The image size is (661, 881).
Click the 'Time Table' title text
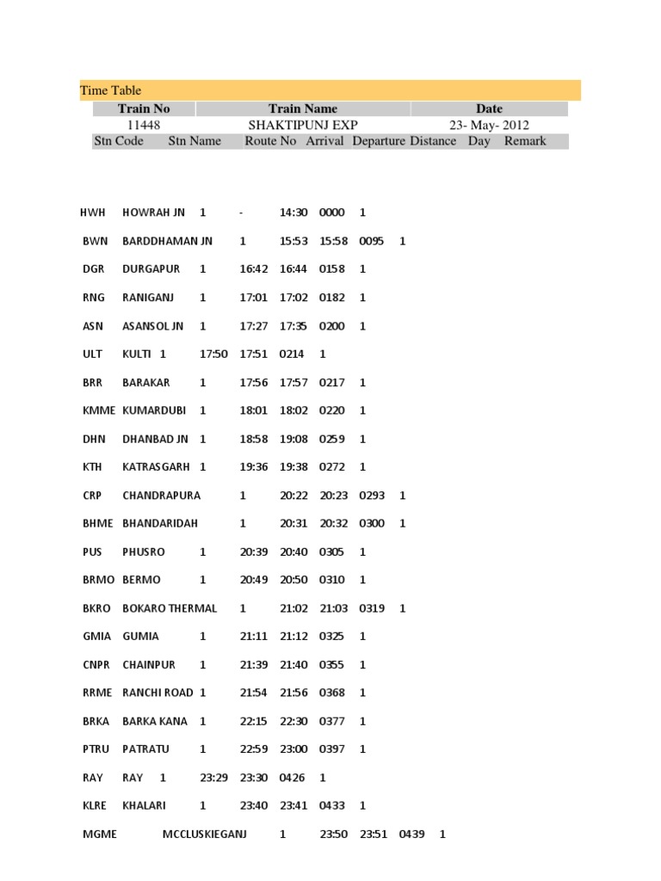(110, 90)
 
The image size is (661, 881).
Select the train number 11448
(143, 125)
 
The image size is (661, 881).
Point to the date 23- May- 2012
(489, 125)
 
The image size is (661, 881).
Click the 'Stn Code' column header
(118, 141)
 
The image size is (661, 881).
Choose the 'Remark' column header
(525, 141)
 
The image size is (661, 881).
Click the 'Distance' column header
(433, 141)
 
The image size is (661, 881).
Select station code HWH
(92, 213)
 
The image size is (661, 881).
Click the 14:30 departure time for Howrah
(293, 213)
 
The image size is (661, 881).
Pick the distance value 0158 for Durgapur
(331, 269)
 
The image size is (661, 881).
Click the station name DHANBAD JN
(155, 439)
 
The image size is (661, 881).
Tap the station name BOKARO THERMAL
(170, 608)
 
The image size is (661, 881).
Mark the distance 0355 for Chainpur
(331, 665)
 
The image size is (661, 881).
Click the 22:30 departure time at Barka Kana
(293, 721)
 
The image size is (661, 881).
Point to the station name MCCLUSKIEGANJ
(205, 835)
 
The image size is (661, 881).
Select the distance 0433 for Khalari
(331, 806)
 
